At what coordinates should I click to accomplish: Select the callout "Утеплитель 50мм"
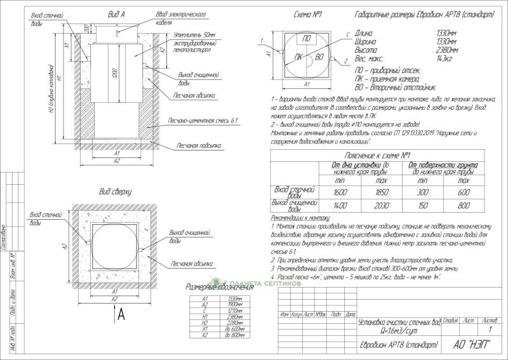click(x=193, y=36)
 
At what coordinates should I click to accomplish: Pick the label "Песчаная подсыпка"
click(x=194, y=145)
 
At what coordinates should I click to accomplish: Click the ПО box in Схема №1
click(x=306, y=39)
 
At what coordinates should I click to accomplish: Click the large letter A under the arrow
click(x=121, y=316)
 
